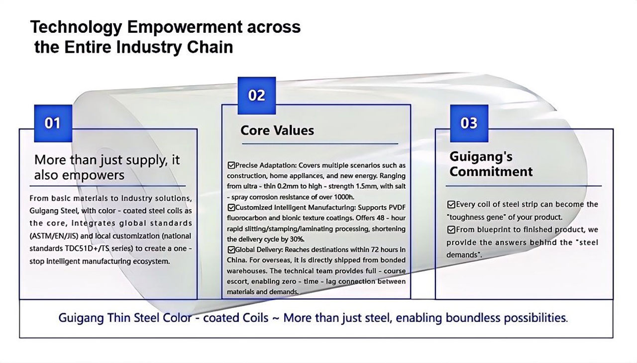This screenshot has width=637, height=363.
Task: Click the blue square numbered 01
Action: (53, 123)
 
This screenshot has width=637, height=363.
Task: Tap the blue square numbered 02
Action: (257, 96)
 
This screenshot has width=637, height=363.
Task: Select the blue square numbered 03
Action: (469, 123)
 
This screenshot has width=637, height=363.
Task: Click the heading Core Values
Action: (277, 130)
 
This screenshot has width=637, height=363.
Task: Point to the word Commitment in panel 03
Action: (491, 172)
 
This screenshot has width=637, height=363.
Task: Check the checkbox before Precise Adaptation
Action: (231, 165)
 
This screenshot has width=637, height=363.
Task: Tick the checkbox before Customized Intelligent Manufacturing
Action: (231, 207)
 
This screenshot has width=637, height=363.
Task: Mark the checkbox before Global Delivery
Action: (231, 249)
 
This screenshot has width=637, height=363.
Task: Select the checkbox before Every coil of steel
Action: (451, 204)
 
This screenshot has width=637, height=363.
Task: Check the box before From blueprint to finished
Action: (451, 230)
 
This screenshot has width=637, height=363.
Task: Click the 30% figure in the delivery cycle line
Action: (297, 239)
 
